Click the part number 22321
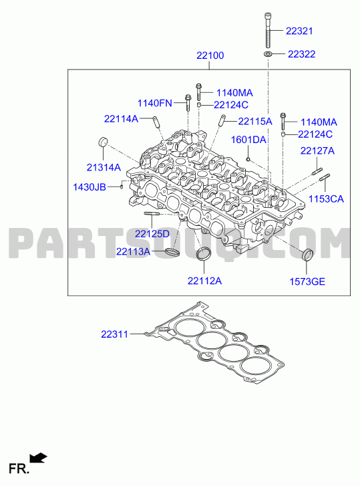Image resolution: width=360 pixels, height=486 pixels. point(299,31)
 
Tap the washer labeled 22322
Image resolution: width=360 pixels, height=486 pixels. point(268,54)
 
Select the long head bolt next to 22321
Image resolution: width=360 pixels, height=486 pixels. point(268,30)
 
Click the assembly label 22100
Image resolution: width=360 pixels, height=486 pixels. point(210,55)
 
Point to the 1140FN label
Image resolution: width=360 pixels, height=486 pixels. point(155,103)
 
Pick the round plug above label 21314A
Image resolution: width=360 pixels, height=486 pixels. point(103,142)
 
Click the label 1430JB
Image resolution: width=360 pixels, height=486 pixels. point(89,187)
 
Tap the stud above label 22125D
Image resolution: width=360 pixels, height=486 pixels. point(152,213)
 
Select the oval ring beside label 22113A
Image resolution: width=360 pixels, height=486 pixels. point(172,252)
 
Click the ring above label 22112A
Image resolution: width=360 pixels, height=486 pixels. point(204,254)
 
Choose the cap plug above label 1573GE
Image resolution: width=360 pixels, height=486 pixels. point(307,255)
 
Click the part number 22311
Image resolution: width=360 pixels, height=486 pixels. point(114,334)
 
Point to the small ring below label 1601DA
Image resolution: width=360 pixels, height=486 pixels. point(248,159)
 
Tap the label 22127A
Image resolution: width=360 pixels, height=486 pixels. point(318,150)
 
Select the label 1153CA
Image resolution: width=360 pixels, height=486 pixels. point(326,199)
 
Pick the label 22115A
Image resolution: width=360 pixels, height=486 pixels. point(255,122)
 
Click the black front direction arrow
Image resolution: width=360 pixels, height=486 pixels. point(38,458)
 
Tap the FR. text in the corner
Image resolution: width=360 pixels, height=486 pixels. point(19,469)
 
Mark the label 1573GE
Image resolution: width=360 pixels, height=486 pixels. point(307,281)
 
